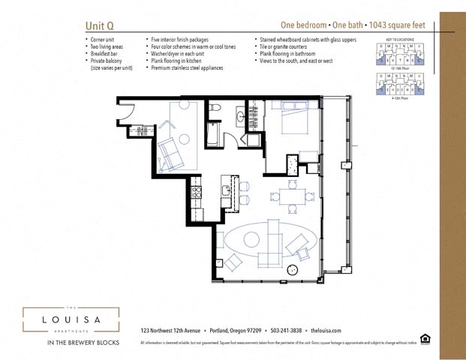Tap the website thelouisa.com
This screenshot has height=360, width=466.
click(x=326, y=331)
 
